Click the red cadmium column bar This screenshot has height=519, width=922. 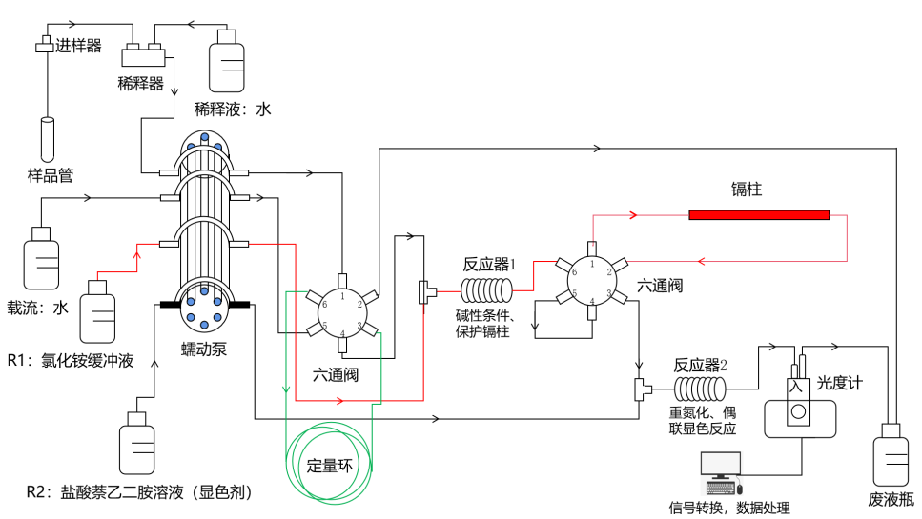tap(759, 214)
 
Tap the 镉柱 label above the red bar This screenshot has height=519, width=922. tap(747, 190)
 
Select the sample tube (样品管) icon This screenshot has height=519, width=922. tap(48, 139)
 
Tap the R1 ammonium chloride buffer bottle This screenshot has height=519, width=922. tap(96, 310)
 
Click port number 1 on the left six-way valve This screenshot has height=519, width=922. tap(341, 295)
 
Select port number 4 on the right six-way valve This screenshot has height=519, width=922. tap(592, 302)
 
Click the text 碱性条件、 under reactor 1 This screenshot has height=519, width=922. tap(486, 316)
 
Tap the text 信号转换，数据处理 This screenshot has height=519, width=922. tap(729, 508)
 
